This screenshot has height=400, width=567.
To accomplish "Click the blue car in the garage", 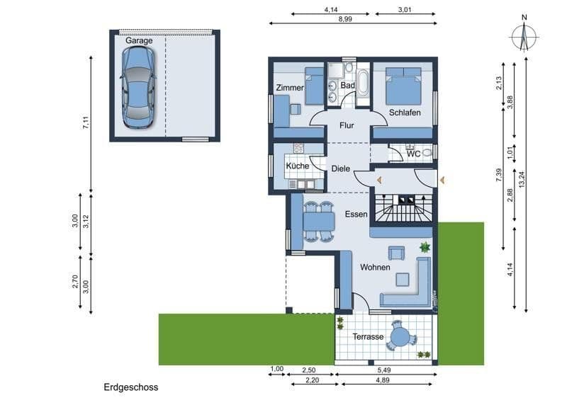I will [x=137, y=88].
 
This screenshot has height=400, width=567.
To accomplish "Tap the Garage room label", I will [x=139, y=41].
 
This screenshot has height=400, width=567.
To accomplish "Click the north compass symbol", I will [x=524, y=35].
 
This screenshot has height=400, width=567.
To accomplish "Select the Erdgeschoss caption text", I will [x=130, y=387].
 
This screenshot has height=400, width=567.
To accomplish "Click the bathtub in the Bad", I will [x=363, y=84].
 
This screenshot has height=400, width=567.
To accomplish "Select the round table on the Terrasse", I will [x=401, y=336].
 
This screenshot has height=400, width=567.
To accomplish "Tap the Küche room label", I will [x=297, y=166].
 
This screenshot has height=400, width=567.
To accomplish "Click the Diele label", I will [x=341, y=168].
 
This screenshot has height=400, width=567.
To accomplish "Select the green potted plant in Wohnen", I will [x=425, y=247].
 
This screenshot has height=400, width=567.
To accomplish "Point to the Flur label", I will [x=346, y=126].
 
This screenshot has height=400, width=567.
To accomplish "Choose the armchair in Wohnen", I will [x=395, y=252].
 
